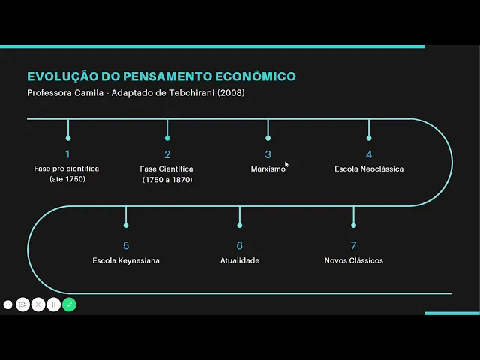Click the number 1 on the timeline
[67, 154]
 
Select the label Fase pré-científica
[67, 169]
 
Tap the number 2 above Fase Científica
[167, 154]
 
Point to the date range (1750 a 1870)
[167, 180]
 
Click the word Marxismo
[268, 169]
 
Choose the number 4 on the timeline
[369, 154]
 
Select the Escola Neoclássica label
[369, 169]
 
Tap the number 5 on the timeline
[126, 245]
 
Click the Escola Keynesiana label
[126, 260]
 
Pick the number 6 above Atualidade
[240, 245]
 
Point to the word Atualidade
[240, 260]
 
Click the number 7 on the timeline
[353, 245]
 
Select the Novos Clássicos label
[353, 260]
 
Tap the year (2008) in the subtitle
[230, 93]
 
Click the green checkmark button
[69, 304]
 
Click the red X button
[38, 304]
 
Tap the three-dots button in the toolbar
[7, 304]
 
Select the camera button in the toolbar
[22, 304]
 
